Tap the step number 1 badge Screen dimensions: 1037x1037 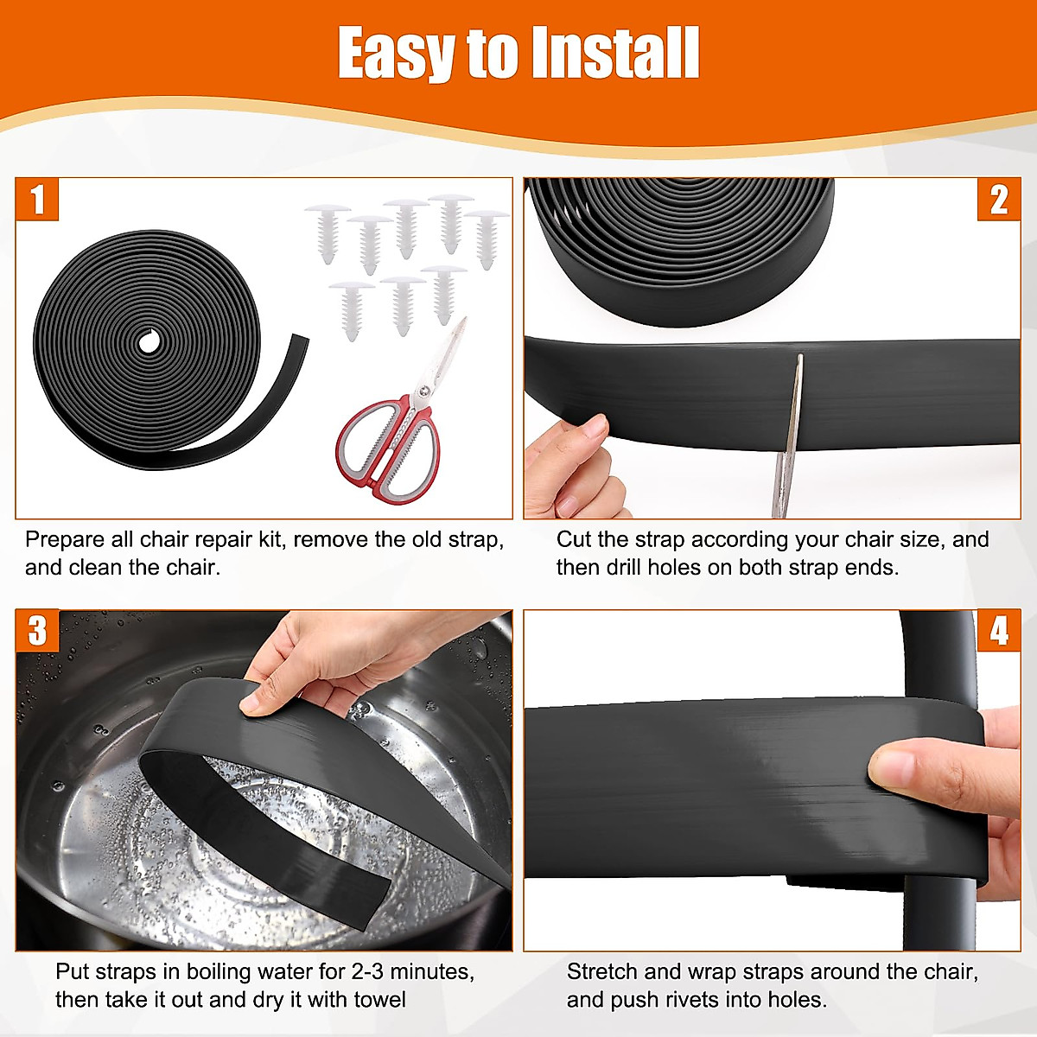point(37,200)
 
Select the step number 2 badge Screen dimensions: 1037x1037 point(998,200)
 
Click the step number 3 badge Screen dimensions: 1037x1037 point(37,631)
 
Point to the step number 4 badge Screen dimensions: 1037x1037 point(998,631)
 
